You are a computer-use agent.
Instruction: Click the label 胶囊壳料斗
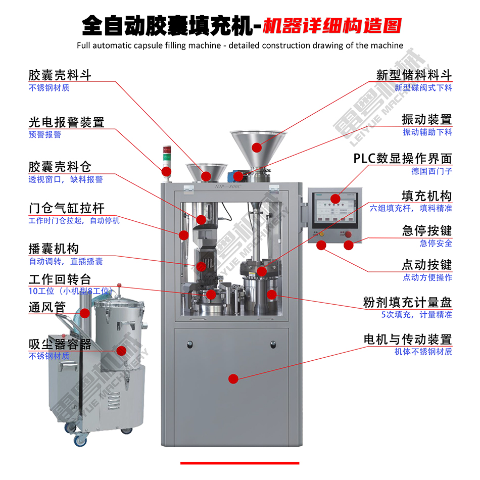60,75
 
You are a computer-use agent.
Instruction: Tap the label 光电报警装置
66,122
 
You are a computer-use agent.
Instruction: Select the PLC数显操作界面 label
403,159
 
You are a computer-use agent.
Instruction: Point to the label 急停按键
427,231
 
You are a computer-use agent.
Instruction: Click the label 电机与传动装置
408,340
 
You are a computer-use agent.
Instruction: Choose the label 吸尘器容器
60,344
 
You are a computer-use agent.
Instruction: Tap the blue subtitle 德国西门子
431,171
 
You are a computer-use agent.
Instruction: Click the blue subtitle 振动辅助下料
427,132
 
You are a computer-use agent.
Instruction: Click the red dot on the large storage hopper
257,148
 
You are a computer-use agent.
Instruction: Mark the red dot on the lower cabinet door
233,378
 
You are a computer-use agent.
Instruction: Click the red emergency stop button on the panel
348,246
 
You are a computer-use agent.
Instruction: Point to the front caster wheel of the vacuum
80,440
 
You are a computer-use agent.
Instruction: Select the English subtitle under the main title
240,45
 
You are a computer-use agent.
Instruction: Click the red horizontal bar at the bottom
239,463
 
